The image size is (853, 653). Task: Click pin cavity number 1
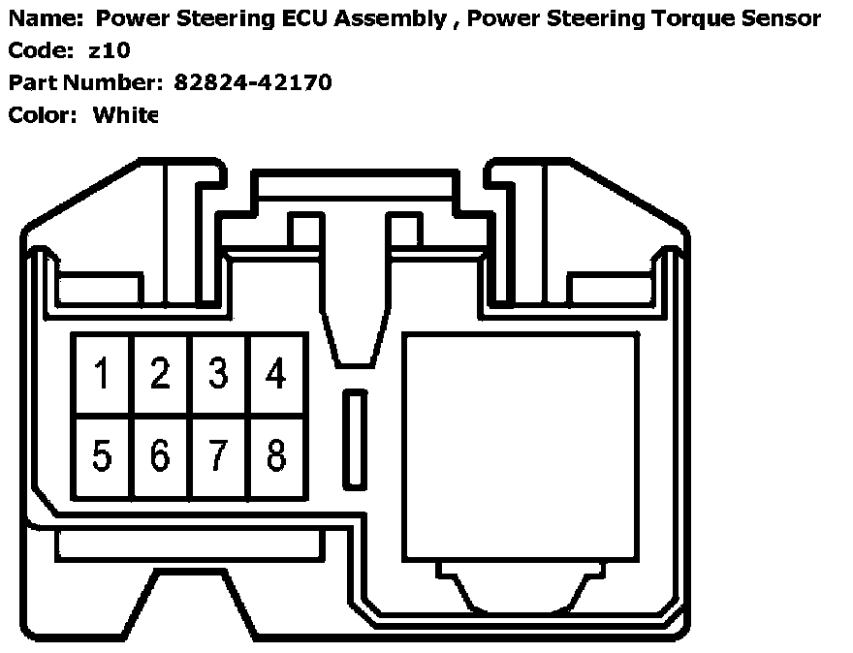(x=102, y=374)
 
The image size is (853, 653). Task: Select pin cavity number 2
(x=161, y=374)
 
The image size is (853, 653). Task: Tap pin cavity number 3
(x=219, y=374)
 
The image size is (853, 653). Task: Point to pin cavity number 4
(x=277, y=374)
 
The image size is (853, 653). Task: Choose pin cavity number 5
(x=102, y=455)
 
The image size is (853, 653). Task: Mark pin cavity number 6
(x=161, y=455)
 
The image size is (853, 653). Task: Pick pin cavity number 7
(x=219, y=455)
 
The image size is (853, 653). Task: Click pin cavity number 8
(x=277, y=455)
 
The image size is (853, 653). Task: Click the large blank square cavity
(x=521, y=447)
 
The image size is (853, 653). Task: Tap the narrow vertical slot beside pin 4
(x=356, y=439)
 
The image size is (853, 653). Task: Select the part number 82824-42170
(x=253, y=82)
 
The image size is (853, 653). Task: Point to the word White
(x=125, y=115)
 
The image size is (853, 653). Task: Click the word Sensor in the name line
(x=783, y=18)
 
